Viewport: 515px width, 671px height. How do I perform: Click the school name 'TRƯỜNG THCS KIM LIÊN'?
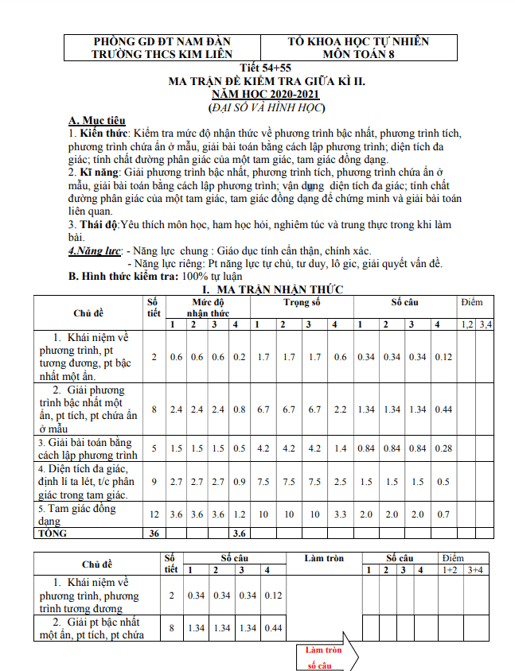[x=162, y=54]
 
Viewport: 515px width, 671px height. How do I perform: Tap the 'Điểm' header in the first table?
[x=471, y=303]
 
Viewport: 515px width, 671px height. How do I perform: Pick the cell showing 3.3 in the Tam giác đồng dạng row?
[x=340, y=514]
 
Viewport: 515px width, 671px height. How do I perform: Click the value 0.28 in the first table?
[x=443, y=448]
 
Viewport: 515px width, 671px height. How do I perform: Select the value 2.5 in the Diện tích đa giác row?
[x=340, y=482]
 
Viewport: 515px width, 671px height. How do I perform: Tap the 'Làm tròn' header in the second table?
[x=324, y=558]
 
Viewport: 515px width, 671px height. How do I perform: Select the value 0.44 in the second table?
[x=272, y=628]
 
